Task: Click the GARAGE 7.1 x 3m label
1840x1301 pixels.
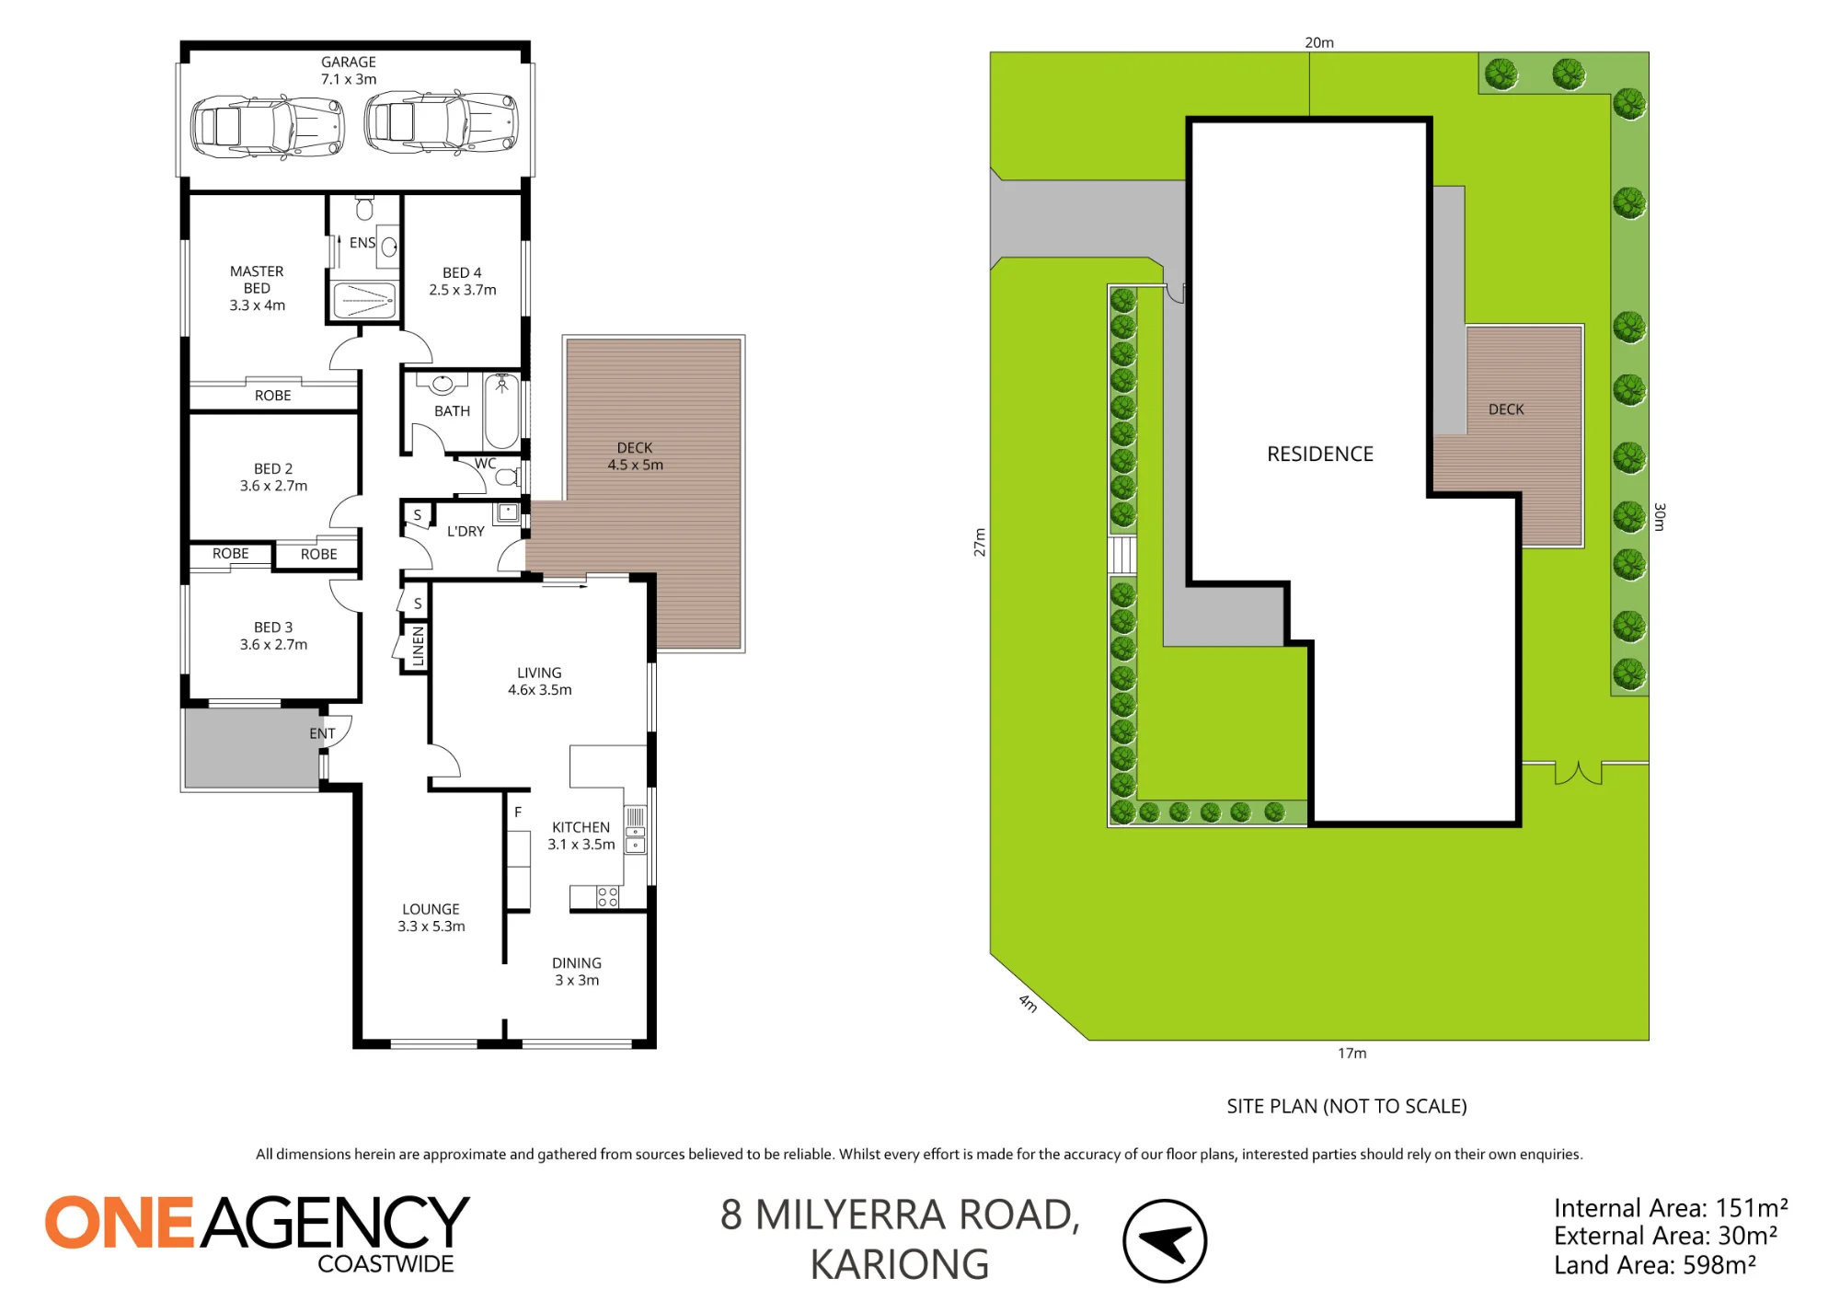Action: (349, 71)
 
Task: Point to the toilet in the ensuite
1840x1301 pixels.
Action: (365, 208)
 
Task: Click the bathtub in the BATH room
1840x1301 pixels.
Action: (501, 411)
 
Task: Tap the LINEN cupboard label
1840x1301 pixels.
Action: (419, 646)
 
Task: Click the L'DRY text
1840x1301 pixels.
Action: (466, 532)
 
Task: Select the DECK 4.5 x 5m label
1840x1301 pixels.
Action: (635, 456)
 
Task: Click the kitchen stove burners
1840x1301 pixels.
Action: (608, 897)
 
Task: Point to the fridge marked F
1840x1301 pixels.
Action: (518, 812)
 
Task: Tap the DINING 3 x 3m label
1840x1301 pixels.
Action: (577, 972)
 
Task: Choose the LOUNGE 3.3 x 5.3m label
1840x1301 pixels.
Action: (431, 918)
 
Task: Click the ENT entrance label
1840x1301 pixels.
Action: (322, 733)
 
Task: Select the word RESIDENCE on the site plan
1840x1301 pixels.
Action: (1320, 454)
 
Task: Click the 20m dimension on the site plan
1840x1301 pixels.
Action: (1319, 42)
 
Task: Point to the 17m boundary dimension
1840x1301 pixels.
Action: (1352, 1053)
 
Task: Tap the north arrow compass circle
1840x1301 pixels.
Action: (1165, 1241)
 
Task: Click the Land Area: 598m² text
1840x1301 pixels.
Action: (1655, 1266)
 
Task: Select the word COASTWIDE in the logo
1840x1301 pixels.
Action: (386, 1264)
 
